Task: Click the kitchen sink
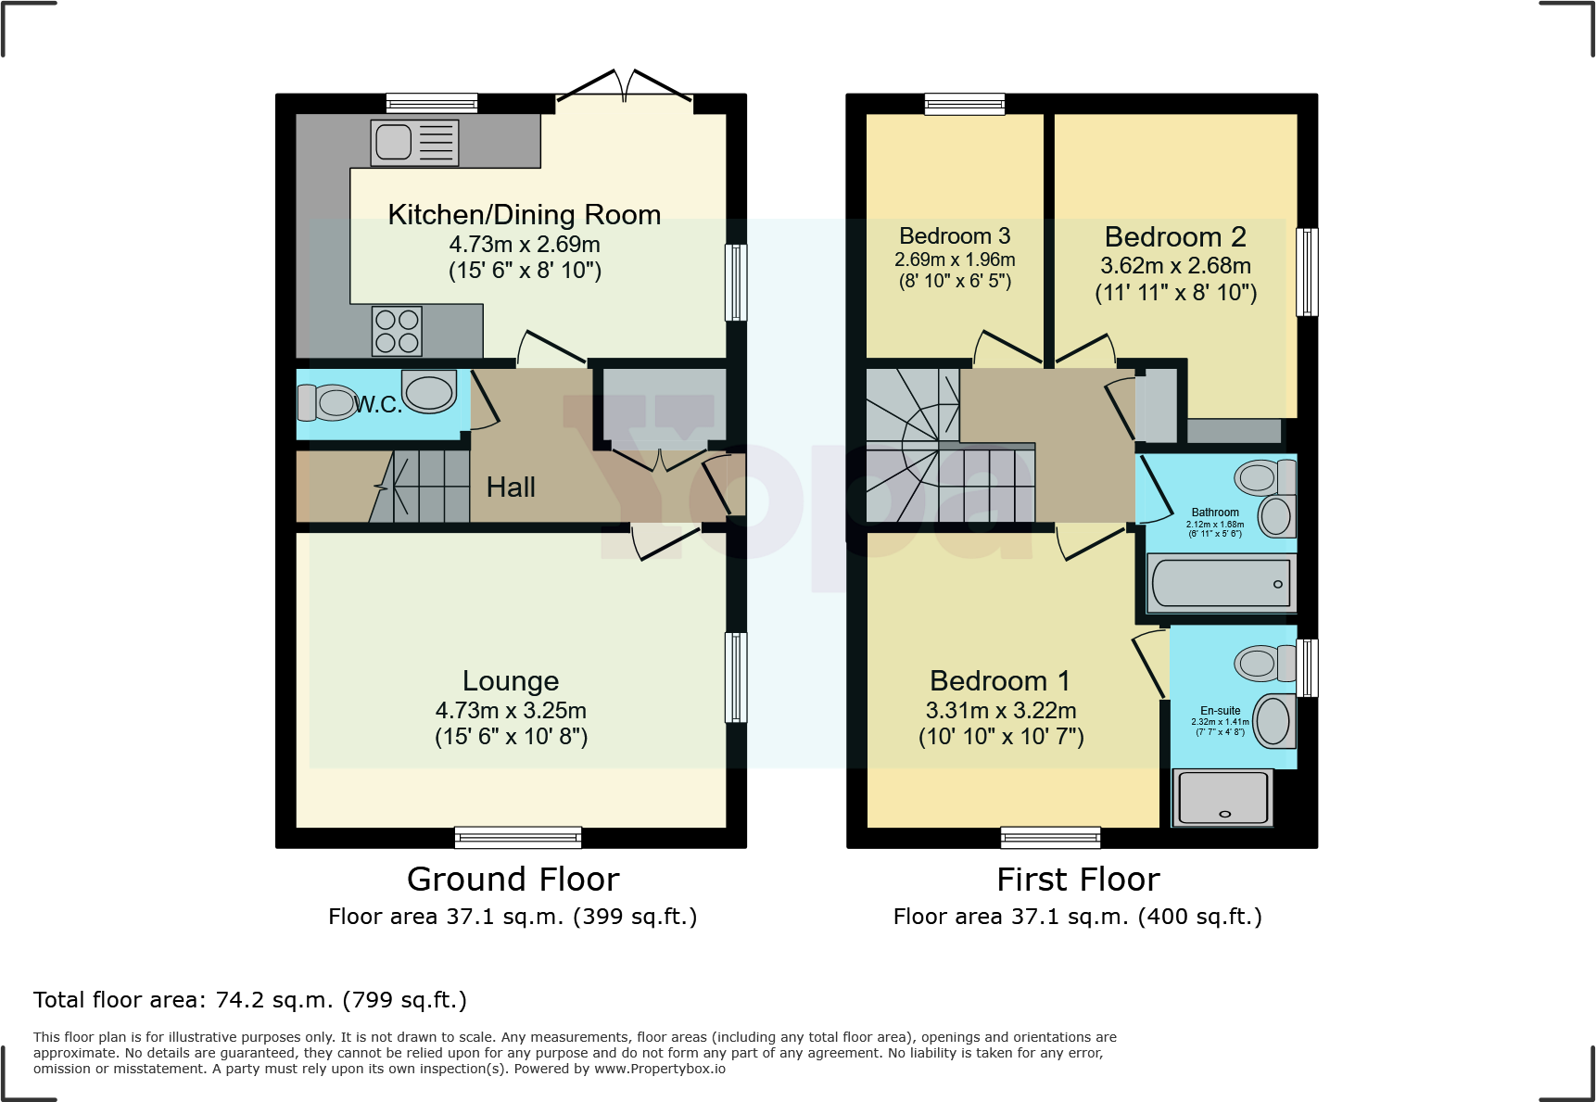coord(414,143)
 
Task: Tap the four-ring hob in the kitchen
coord(397,331)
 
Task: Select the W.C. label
coord(378,404)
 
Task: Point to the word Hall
coord(511,488)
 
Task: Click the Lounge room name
coord(511,681)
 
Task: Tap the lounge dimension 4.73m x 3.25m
coord(511,711)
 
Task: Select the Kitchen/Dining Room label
coord(524,215)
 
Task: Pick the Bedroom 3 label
coord(955,236)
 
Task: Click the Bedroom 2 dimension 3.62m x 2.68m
coord(1175,266)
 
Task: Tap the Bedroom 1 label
coord(999,681)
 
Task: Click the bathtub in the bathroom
coord(1221,583)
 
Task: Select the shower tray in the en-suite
coord(1222,797)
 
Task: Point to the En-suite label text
coord(1220,711)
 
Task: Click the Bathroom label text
coord(1215,513)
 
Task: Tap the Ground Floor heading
coord(513,880)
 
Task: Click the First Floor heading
coord(1078,880)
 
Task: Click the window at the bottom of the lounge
coord(518,838)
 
